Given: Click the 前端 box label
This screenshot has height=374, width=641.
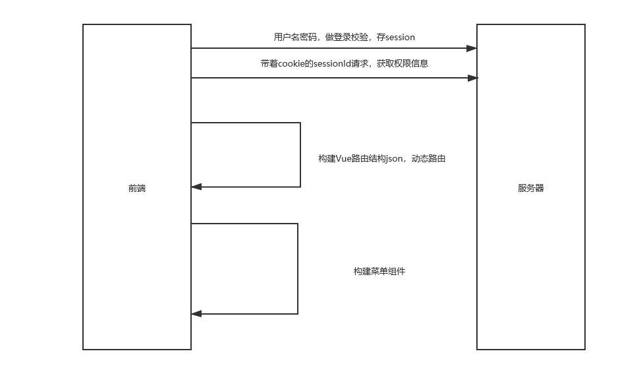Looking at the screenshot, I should (137, 188).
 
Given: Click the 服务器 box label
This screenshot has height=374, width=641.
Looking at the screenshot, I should (531, 188).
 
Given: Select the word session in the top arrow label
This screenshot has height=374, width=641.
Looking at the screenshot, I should (401, 38).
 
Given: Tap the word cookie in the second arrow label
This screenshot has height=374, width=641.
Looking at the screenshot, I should (293, 64).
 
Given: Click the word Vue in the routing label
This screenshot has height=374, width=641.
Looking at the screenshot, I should (345, 158).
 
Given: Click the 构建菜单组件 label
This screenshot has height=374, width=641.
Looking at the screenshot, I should (379, 271).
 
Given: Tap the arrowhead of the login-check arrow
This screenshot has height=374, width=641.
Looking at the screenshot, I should (472, 48).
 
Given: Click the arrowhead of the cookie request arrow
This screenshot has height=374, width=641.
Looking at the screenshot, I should (472, 78).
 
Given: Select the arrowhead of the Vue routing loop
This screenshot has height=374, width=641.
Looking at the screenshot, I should (196, 187).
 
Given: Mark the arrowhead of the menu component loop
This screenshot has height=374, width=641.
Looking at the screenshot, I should (196, 314).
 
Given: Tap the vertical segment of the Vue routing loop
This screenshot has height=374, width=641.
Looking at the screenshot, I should (300, 155).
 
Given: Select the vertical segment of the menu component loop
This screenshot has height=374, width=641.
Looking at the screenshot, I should (298, 268).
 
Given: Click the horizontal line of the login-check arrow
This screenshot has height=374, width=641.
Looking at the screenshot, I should (329, 48).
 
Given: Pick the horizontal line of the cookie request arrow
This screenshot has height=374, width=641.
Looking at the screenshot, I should (329, 78).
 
